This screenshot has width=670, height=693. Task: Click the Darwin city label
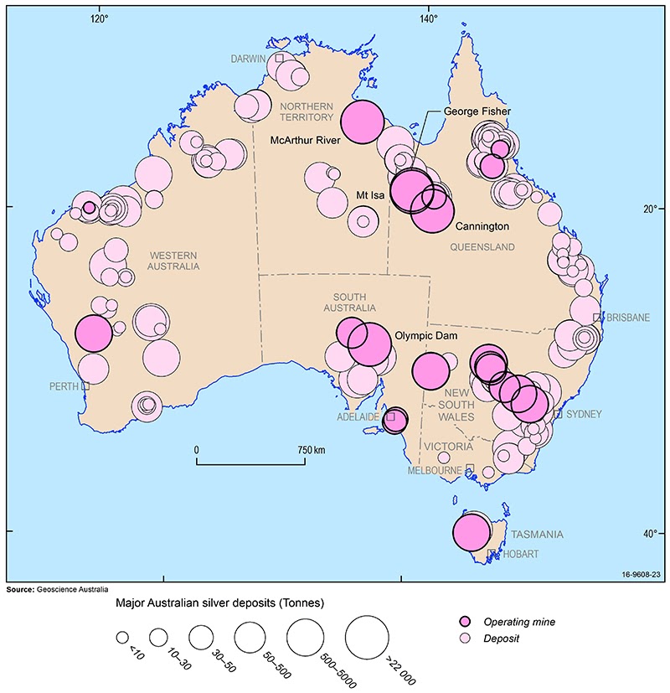click(x=249, y=58)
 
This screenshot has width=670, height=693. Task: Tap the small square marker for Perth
click(x=85, y=386)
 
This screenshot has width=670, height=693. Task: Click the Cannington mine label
click(x=482, y=226)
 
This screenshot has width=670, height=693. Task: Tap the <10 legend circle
click(x=122, y=638)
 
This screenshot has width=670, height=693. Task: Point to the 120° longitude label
click(x=99, y=17)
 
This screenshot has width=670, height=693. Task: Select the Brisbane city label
click(x=628, y=318)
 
